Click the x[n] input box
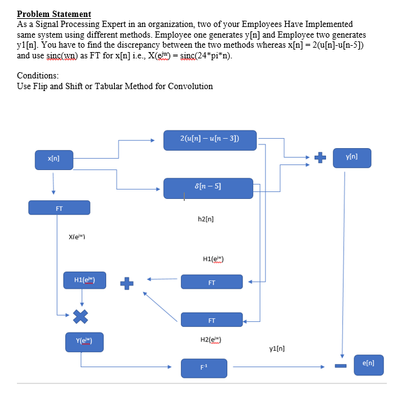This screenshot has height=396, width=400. click(x=54, y=159)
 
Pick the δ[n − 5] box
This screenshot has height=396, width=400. click(x=208, y=187)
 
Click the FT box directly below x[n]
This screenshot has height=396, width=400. click(x=59, y=208)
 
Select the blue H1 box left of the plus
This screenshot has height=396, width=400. click(x=85, y=280)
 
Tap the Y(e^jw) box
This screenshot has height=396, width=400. click(x=85, y=342)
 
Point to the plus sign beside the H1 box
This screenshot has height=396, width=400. click(x=127, y=283)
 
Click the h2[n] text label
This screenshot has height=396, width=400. click(x=206, y=219)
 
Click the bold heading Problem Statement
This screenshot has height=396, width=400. click(x=54, y=14)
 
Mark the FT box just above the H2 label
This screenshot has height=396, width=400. click(x=212, y=320)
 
